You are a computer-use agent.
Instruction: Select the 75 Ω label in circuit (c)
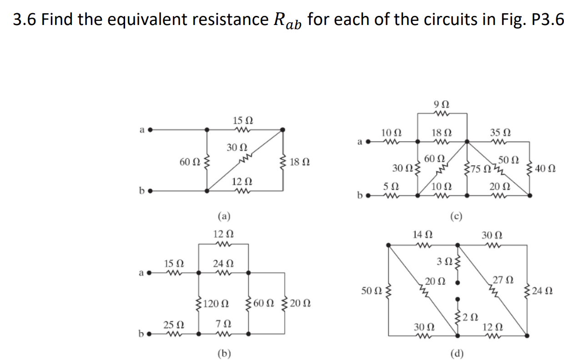pyautogui.click(x=478, y=170)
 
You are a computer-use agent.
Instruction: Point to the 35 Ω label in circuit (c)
pyautogui.click(x=500, y=133)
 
